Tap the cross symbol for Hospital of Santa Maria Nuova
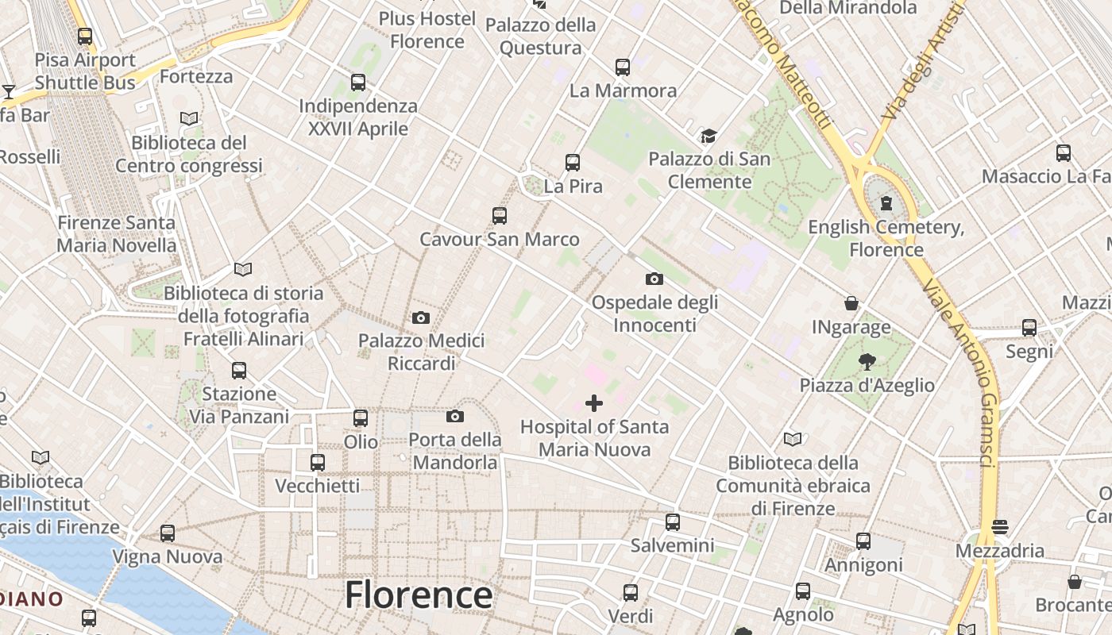(594, 403)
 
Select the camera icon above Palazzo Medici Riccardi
(421, 318)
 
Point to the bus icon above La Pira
(573, 163)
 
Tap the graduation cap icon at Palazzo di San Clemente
(709, 137)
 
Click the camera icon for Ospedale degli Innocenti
(654, 279)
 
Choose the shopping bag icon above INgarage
(851, 303)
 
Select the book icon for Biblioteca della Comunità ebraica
(793, 439)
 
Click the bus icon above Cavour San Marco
(500, 216)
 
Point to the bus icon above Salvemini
(673, 522)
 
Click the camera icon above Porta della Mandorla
(455, 417)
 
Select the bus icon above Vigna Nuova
(168, 533)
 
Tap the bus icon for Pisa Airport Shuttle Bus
(85, 37)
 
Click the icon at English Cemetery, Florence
(886, 204)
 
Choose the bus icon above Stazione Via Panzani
(239, 371)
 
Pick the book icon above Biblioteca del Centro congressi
(189, 119)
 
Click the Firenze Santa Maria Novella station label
(116, 234)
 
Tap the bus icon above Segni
(1029, 328)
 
